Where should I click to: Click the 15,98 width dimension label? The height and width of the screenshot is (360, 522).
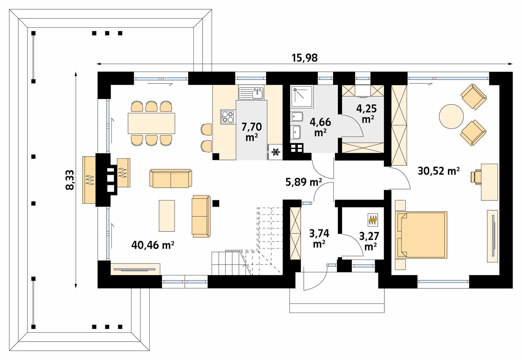[x=305, y=58]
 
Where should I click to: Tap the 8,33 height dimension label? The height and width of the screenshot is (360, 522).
[x=70, y=180]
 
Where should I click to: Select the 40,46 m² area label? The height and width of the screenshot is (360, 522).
[x=153, y=245]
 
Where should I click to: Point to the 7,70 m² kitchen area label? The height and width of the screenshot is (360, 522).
[x=252, y=132]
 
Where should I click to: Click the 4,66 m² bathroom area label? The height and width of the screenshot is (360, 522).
[x=320, y=127]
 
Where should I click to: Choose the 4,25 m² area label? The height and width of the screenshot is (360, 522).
[x=367, y=114]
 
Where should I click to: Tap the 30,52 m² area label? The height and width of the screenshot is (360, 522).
[x=439, y=171]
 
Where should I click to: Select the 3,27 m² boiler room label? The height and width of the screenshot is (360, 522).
[x=369, y=241]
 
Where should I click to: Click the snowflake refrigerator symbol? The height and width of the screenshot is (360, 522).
[x=276, y=152]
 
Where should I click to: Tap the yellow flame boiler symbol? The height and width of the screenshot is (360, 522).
[x=373, y=220]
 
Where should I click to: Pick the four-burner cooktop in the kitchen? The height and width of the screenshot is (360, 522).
[x=228, y=117]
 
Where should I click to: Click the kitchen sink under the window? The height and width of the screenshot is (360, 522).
[x=251, y=93]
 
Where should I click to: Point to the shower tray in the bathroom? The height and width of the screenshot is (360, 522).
[x=302, y=96]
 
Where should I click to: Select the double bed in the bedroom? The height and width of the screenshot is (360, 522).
[x=421, y=235]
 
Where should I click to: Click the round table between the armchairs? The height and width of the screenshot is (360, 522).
[x=451, y=116]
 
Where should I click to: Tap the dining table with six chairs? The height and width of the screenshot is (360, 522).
[x=151, y=123]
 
